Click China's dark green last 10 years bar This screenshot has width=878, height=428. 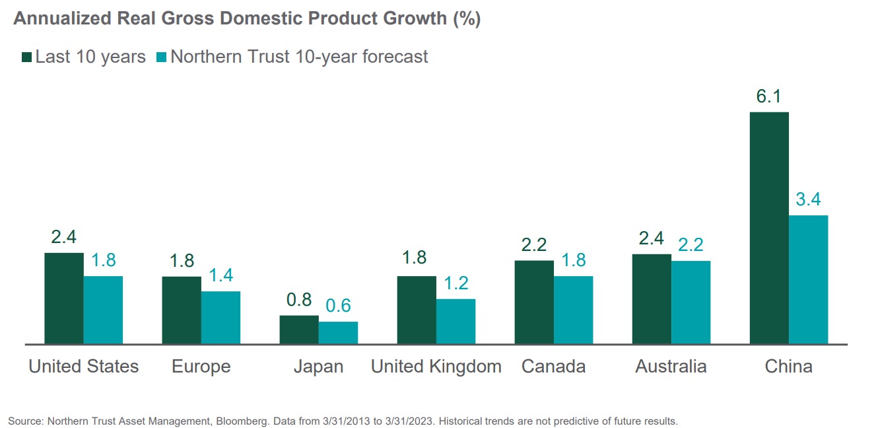coord(769,228)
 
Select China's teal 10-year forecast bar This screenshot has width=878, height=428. coord(808,279)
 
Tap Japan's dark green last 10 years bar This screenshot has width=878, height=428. coord(299,330)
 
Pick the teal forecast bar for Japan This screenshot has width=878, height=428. coord(338,333)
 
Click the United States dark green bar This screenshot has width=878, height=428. coord(64,298)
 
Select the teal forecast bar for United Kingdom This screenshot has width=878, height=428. coord(456,322)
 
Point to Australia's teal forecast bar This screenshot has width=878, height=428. coord(691,303)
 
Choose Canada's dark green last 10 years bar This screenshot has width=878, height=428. coord(534,302)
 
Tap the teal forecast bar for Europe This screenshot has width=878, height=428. coord(220,318)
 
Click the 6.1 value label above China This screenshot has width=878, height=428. coord(769,97)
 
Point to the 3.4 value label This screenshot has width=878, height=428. coord(808,199)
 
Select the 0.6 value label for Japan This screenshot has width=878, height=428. coord(338,306)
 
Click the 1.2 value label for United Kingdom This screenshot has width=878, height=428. coord(456,283)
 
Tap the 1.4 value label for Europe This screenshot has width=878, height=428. coord(220,275)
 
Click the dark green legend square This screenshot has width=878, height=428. coord(26,57)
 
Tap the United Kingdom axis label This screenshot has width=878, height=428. coord(436,367)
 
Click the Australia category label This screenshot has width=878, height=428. coord(671,367)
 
